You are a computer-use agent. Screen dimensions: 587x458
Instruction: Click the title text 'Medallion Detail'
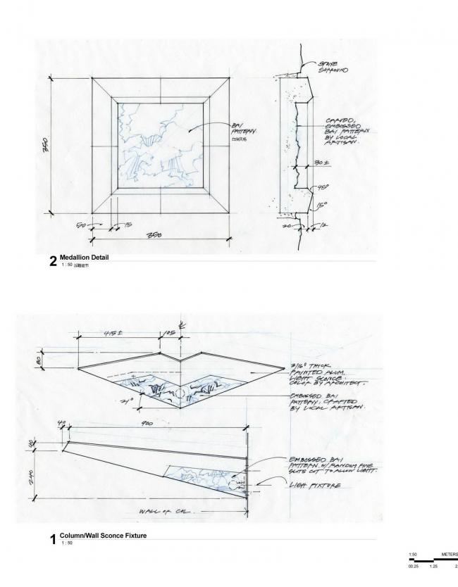point(85,258)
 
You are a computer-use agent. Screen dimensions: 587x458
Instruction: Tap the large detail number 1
point(53,540)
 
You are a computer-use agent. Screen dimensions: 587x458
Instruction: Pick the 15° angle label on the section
point(321,206)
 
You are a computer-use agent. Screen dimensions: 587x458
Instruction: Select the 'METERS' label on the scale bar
point(450,554)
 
